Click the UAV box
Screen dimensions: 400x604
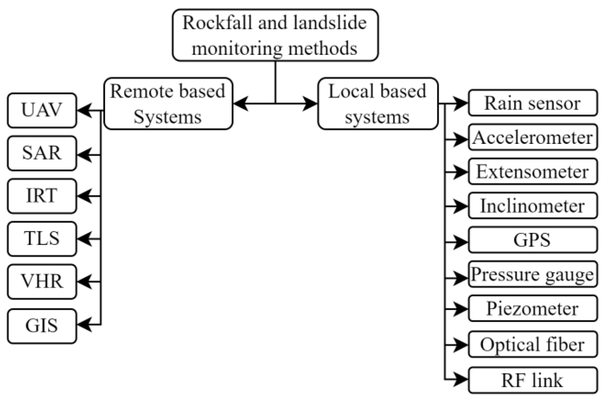(42, 110)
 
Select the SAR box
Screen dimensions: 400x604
(42, 153)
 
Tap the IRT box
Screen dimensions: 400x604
(42, 196)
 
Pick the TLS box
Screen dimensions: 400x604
(42, 238)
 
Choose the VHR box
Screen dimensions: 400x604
(42, 281)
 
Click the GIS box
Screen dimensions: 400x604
(42, 326)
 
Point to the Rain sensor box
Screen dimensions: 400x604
(533, 103)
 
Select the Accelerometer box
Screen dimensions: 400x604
(533, 137)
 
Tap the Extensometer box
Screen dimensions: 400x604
(533, 171)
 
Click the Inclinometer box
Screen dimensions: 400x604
(533, 205)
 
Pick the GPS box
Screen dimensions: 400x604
(533, 240)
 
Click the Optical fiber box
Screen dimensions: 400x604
(533, 344)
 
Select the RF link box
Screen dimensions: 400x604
(533, 380)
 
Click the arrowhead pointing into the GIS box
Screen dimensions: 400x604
(85, 324)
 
